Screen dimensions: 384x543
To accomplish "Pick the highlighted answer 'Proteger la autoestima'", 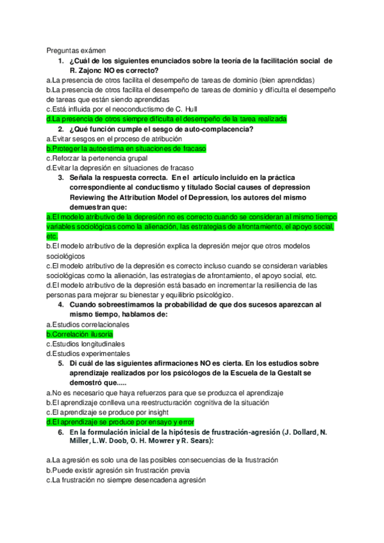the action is [x=126, y=149].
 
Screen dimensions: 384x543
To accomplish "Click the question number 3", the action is [x=60, y=178].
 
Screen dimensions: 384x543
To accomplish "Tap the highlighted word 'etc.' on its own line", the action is [x=52, y=236].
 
